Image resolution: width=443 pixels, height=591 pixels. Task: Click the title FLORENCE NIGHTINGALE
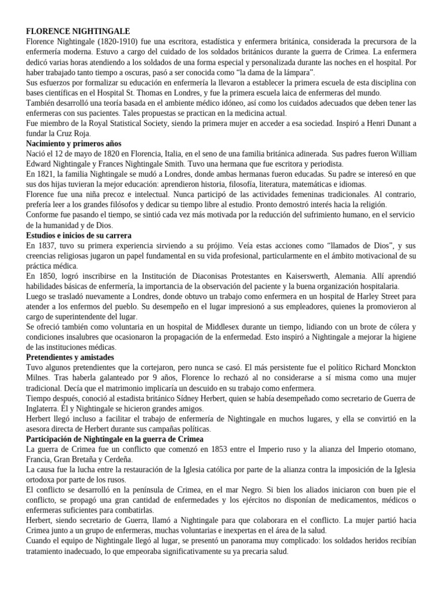[x=78, y=31]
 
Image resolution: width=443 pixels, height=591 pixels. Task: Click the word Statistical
[x=136, y=124]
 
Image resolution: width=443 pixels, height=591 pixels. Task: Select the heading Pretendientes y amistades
[x=70, y=358]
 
